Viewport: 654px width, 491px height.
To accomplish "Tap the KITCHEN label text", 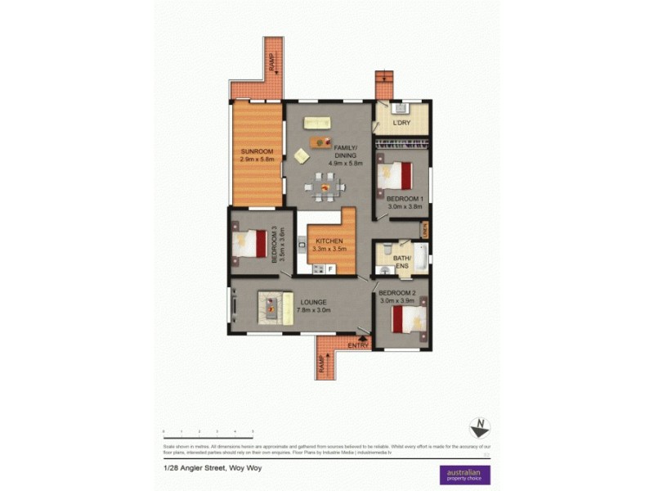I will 325,241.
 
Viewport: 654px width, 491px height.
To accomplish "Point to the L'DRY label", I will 401,124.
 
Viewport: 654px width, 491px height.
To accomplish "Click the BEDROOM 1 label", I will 404,199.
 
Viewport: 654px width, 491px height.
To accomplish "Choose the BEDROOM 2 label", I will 397,292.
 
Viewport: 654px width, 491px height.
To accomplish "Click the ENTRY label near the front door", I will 358,345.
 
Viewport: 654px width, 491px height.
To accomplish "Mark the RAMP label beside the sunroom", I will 273,62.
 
